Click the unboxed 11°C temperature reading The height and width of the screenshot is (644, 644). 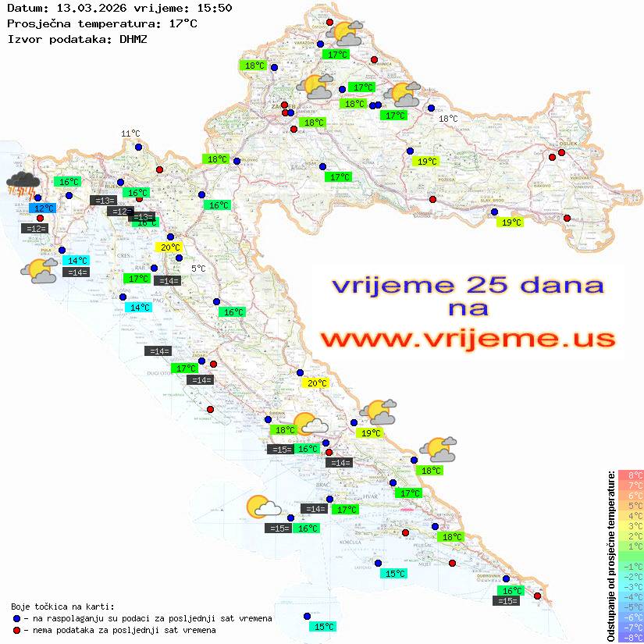130,133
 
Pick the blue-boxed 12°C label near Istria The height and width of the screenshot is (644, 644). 44,208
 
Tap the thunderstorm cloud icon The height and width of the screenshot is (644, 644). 23,184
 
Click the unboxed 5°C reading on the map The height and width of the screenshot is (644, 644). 198,269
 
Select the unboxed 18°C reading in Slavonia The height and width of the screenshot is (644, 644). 448,119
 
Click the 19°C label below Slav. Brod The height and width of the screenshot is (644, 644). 511,222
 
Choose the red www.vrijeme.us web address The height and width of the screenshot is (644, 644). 468,339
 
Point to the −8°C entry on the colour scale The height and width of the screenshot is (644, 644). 631,638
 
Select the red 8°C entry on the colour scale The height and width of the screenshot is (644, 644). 631,475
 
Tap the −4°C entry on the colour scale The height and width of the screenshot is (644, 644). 631,597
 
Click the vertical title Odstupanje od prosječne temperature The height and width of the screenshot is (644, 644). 610,556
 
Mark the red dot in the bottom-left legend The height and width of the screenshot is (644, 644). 16,630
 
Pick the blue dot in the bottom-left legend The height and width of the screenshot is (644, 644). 16,618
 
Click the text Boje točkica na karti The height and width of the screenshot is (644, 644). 62,607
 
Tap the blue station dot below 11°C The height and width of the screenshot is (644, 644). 138,147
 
